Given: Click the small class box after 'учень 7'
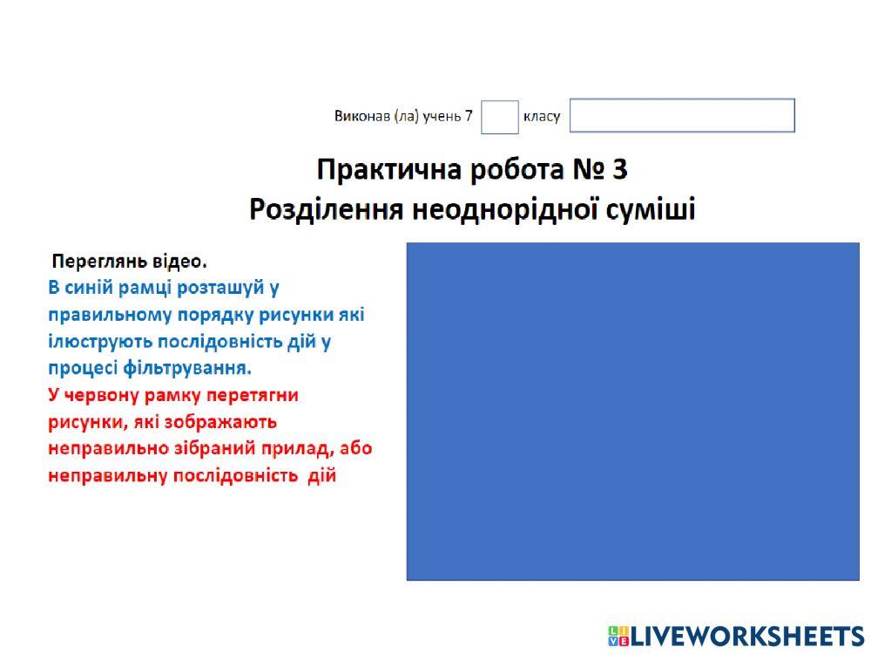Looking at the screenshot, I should point(499,117).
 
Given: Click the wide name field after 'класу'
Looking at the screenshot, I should point(682,116).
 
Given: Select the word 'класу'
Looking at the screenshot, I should point(542,117).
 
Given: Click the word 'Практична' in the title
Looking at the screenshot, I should point(389,169).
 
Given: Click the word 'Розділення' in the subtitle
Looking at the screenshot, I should point(325,209).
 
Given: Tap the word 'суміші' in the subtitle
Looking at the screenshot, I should point(649,209).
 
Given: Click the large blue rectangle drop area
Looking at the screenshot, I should point(632,411).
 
